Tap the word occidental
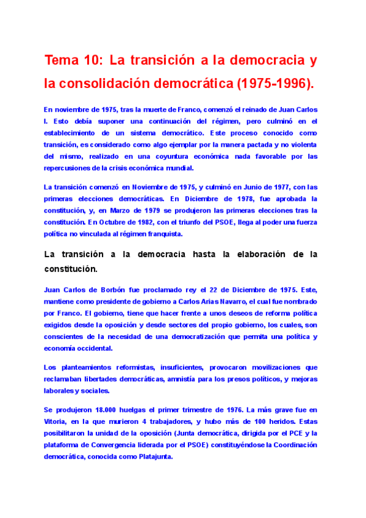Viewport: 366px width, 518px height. pos(93,348)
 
